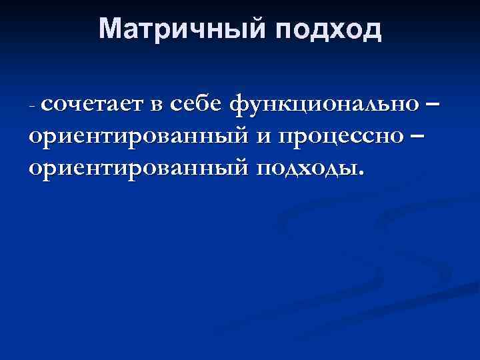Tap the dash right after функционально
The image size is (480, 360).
click(x=433, y=105)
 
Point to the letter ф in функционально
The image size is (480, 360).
click(x=239, y=105)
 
